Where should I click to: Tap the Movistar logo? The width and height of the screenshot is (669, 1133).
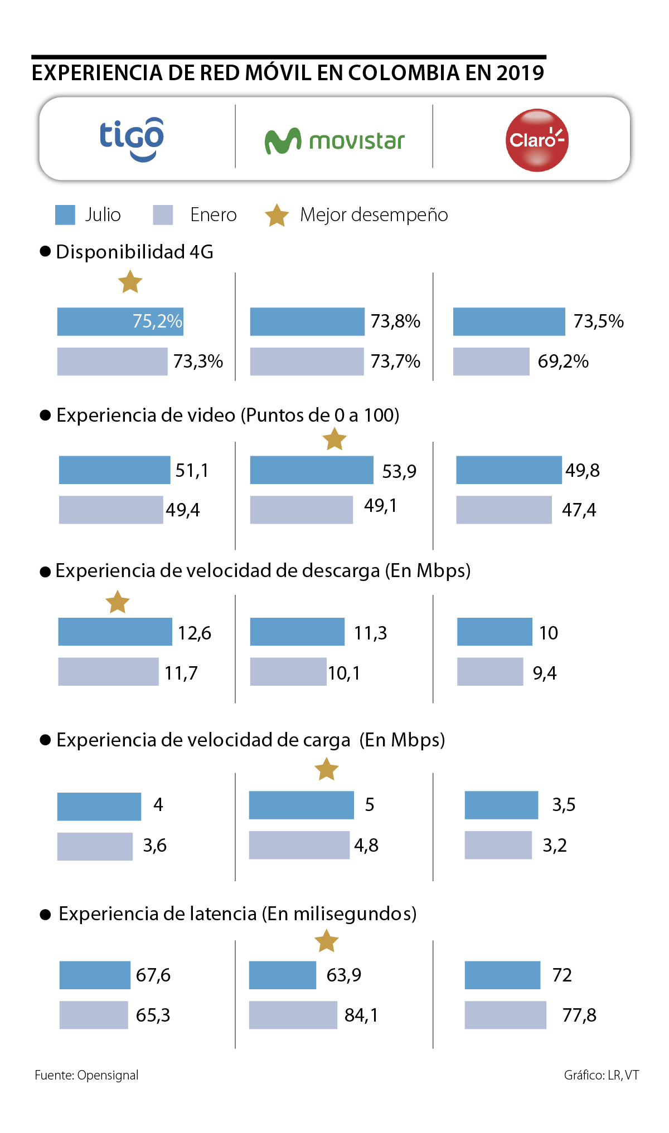334,141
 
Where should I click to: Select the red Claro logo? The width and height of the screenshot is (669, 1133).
537,140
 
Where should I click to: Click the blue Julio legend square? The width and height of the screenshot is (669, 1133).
65,215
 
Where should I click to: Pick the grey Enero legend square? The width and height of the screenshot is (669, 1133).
163,215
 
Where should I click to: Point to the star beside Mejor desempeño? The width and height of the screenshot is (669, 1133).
277,215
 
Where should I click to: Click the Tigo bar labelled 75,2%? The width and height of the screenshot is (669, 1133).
120,321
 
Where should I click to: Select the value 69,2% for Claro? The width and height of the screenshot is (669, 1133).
563,362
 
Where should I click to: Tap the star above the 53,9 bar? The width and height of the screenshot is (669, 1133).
334,439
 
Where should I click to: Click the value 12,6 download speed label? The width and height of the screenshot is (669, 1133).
195,633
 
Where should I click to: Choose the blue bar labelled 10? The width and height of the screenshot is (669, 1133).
495,632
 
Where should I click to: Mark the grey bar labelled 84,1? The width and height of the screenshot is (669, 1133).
293,1015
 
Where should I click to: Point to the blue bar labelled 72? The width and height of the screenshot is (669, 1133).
502,975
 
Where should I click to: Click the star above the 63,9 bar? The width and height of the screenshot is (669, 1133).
327,941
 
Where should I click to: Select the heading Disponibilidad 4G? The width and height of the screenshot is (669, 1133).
134,252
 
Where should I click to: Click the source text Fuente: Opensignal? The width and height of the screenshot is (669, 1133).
86,1075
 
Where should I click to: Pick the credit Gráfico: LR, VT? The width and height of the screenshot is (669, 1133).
601,1075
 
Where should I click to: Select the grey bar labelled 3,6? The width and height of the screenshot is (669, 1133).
95,846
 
